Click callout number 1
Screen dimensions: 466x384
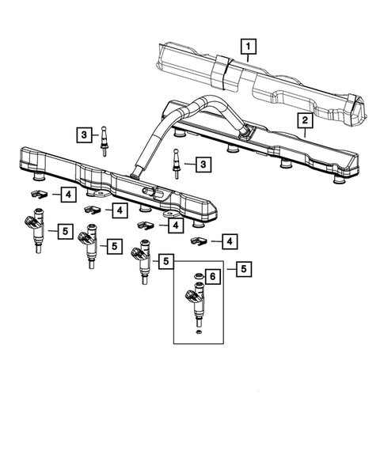point(249,47)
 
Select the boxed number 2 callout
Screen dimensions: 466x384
point(303,120)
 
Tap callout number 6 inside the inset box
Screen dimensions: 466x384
point(212,275)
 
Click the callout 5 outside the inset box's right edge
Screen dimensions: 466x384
point(242,270)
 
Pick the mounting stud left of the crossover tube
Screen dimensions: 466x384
point(105,140)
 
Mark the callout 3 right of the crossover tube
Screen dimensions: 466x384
point(203,164)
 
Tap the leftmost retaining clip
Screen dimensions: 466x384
point(36,193)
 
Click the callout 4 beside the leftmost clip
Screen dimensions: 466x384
point(69,193)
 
